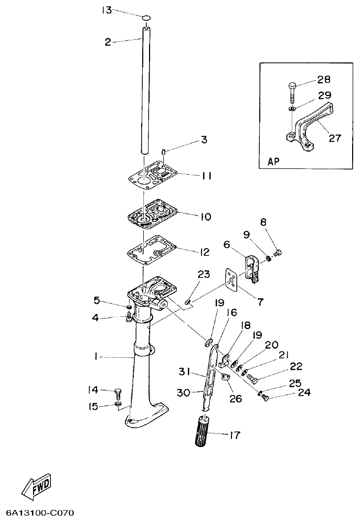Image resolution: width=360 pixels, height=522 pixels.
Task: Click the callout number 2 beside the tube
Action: (108, 42)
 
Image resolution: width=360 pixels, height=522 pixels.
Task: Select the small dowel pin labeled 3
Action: (163, 152)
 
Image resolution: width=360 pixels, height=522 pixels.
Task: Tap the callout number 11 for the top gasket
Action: (206, 176)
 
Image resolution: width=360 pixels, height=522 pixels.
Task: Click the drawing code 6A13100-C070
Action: (42, 511)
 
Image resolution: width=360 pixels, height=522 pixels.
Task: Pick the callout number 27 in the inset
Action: (334, 139)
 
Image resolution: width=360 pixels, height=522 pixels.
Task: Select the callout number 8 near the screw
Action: (263, 222)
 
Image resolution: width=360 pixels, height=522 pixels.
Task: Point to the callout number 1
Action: (96, 356)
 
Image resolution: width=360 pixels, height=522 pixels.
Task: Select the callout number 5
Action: (96, 300)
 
